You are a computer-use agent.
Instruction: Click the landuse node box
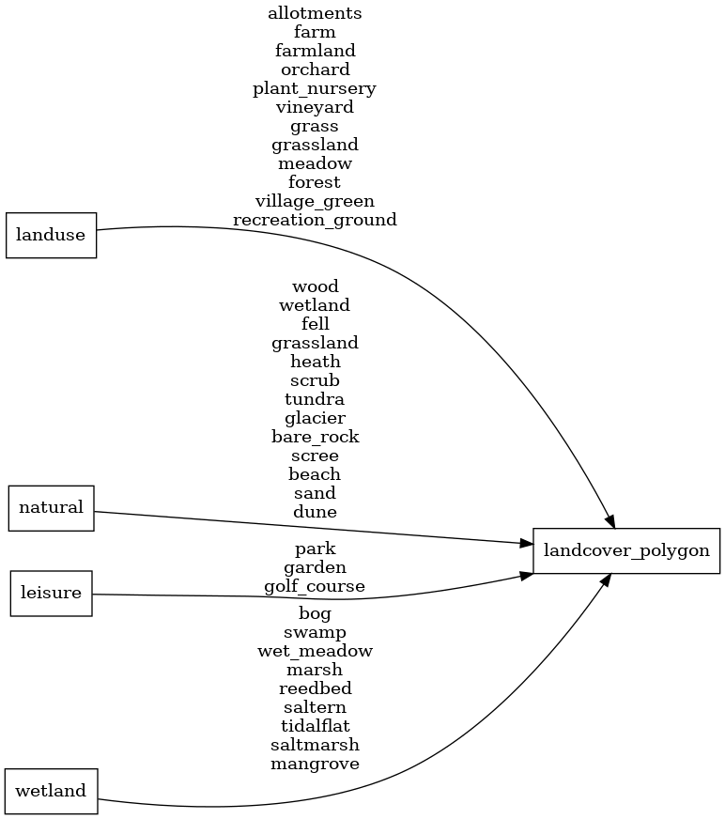52,235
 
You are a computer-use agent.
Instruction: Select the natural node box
52,508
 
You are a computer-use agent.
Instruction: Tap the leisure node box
52,594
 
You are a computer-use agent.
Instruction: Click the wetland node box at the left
52,791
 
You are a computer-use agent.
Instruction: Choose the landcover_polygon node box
626,550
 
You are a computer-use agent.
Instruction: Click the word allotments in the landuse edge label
315,13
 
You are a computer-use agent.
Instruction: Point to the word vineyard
315,107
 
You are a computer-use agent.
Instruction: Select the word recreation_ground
315,220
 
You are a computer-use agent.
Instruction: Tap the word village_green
315,201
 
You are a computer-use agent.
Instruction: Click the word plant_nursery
315,88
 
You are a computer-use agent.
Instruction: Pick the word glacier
315,418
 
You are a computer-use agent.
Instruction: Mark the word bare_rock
315,437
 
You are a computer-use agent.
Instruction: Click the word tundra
315,399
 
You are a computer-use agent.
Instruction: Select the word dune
315,512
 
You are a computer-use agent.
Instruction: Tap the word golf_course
315,586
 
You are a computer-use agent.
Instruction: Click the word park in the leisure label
315,549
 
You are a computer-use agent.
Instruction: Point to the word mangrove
315,764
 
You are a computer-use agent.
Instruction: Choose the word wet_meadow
315,651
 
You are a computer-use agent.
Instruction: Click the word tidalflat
315,726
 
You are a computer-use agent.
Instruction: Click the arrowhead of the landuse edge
609,519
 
